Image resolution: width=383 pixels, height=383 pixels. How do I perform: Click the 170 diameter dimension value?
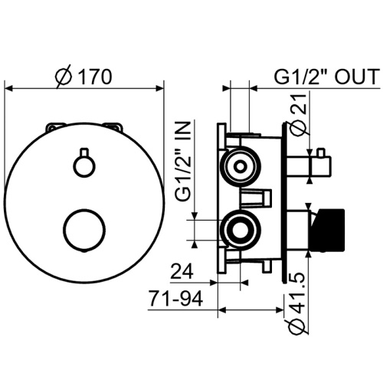click(94, 77)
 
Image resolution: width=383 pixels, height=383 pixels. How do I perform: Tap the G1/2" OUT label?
click(326, 77)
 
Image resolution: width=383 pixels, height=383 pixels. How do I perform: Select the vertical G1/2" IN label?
click(183, 161)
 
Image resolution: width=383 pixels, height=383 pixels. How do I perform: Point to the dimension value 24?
click(182, 271)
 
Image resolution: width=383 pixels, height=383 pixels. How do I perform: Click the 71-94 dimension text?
click(176, 299)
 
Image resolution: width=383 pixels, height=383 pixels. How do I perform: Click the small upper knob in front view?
click(84, 163)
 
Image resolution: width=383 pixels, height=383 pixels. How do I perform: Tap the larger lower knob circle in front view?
click(84, 230)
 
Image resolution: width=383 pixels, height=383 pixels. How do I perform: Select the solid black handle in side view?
click(327, 230)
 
